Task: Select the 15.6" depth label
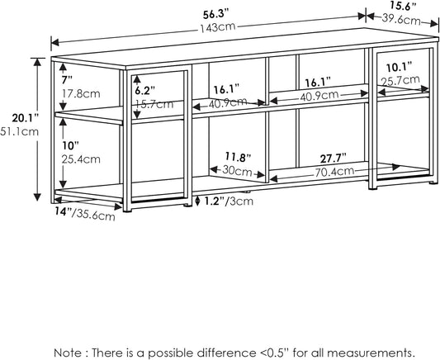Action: click(x=403, y=7)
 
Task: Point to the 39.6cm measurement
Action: click(x=403, y=19)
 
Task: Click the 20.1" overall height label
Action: click(x=17, y=116)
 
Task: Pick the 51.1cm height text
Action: click(x=17, y=130)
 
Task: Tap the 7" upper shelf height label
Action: click(x=68, y=78)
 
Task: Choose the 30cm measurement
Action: click(x=238, y=171)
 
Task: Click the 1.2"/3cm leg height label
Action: click(x=229, y=201)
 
